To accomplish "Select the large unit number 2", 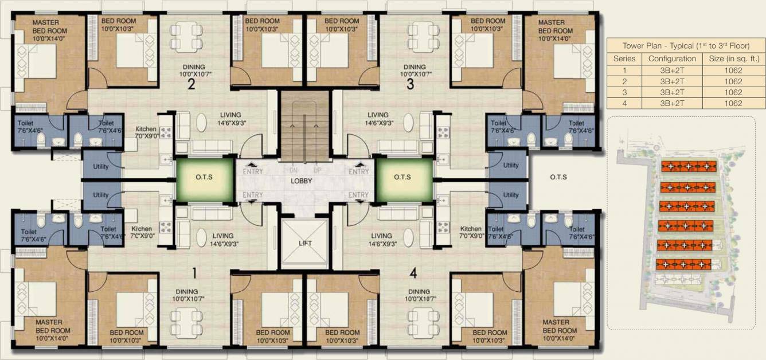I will (191, 85).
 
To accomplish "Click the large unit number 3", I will (409, 85).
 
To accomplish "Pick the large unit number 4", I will (413, 273).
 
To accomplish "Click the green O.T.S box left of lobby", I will (204, 178).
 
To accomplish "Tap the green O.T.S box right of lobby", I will (404, 178).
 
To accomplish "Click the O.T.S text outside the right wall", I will (558, 177).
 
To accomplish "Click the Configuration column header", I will (672, 58).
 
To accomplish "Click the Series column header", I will (624, 58).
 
